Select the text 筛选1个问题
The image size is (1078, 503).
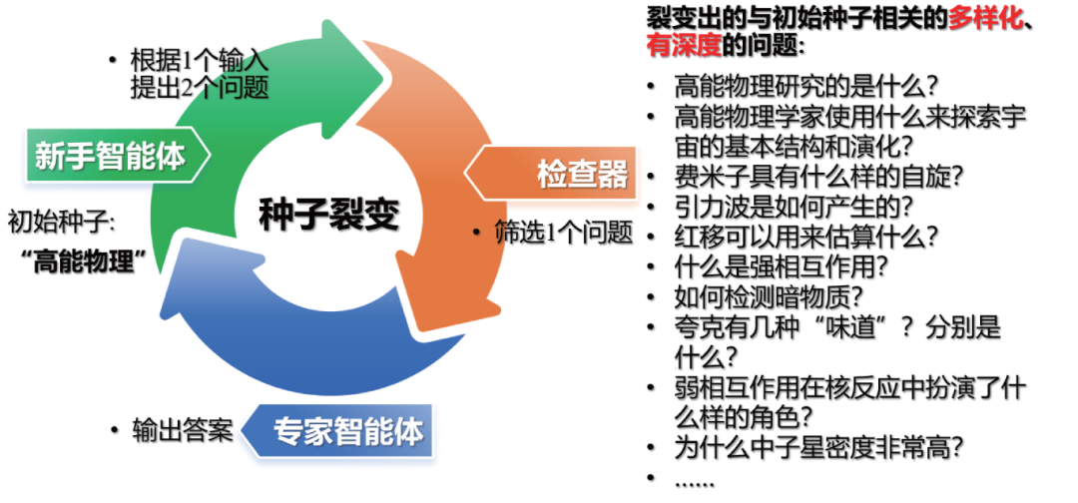pyautogui.click(x=564, y=233)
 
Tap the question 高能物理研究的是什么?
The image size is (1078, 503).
pyautogui.click(x=809, y=86)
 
